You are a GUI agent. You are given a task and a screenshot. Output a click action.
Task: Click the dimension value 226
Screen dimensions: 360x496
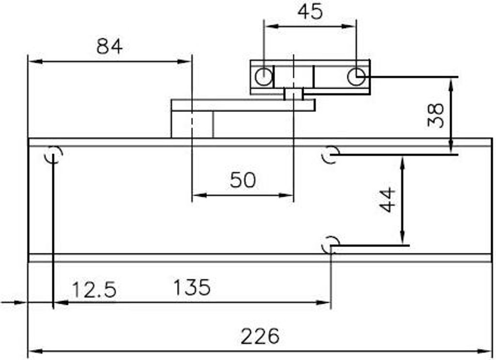(x=260, y=336)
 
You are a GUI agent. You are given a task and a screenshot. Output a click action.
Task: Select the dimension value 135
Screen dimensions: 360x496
(x=192, y=288)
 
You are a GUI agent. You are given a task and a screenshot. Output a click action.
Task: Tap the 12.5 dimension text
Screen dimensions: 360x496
(x=94, y=290)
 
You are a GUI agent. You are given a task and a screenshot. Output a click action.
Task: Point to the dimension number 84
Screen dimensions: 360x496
(x=109, y=47)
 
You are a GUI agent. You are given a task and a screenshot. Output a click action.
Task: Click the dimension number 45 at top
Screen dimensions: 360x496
(x=310, y=12)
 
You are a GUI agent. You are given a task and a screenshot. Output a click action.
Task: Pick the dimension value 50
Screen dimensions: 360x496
(x=242, y=180)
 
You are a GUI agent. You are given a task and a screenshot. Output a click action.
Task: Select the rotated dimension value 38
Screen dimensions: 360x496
(x=436, y=115)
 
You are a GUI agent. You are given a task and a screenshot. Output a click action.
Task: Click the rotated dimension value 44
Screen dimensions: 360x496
(x=387, y=200)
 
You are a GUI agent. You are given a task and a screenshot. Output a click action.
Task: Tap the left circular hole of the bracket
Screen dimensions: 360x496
(x=263, y=77)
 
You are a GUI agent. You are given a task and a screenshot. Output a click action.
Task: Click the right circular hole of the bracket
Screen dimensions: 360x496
(x=356, y=76)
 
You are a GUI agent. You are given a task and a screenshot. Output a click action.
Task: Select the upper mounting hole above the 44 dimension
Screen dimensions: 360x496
(x=331, y=155)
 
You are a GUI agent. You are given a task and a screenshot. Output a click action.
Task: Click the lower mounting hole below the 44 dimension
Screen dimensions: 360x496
(x=331, y=245)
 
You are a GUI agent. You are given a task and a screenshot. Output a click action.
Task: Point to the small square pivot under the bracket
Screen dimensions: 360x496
(x=294, y=94)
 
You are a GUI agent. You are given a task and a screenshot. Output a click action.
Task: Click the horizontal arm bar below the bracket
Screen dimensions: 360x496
(x=242, y=105)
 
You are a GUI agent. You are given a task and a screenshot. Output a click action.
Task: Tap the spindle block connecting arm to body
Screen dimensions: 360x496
(x=192, y=125)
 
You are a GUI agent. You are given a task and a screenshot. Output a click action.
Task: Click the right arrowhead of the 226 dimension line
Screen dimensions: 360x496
(x=488, y=351)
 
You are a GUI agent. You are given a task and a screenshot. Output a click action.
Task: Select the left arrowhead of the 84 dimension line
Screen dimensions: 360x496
(x=32, y=62)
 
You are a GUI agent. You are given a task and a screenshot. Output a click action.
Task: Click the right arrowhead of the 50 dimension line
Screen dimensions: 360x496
(x=289, y=196)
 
